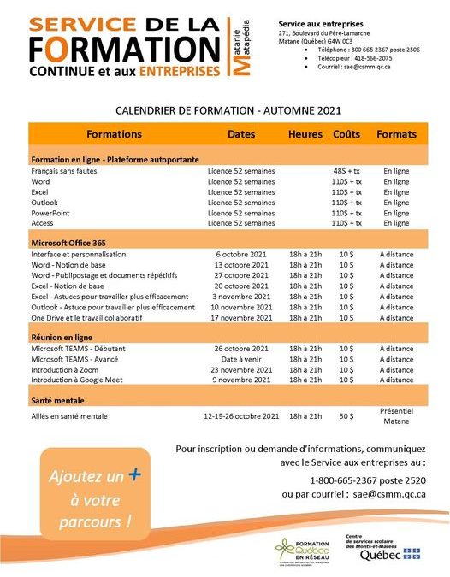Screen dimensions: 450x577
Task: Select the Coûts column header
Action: (346, 134)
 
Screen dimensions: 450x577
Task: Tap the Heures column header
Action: (305, 134)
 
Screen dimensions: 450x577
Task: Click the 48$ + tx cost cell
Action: (346, 171)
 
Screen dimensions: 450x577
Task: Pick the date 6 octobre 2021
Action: (242, 254)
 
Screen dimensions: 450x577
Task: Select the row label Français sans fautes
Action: (63, 171)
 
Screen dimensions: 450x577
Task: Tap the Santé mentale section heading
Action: (60, 400)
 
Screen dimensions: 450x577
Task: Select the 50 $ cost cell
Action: (346, 415)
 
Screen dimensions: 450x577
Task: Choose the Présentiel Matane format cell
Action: (396, 415)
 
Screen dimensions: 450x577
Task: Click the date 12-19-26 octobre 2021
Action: (242, 416)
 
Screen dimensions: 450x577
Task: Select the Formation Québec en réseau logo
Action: (305, 552)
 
